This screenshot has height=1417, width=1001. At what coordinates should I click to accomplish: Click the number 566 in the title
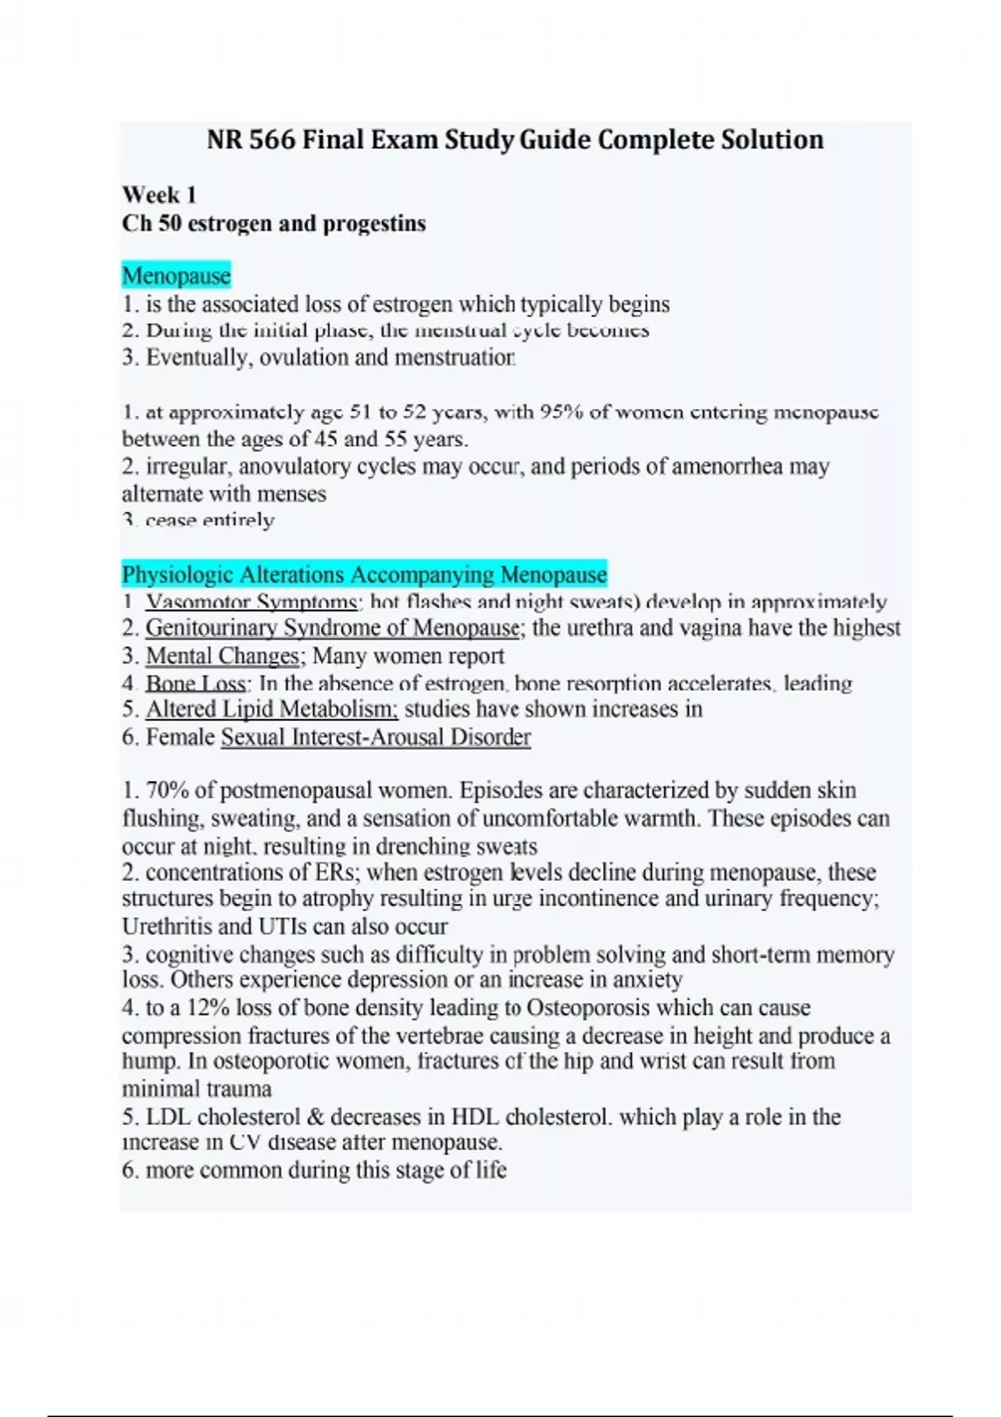271,139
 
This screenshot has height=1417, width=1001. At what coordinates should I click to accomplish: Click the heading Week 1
159,195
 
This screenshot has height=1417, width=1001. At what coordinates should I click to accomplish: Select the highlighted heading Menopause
176,276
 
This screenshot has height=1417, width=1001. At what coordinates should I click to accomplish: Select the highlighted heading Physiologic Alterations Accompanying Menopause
365,574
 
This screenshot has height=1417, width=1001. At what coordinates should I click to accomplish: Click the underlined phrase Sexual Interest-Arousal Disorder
375,738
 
